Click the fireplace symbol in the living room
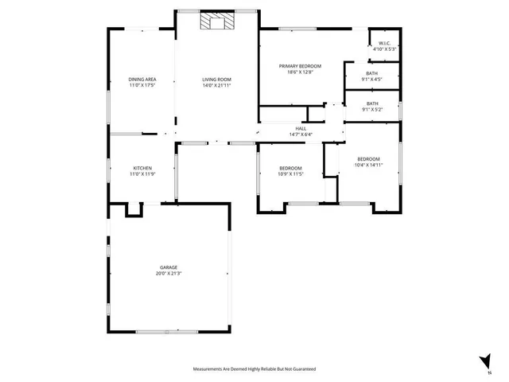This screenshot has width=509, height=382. point(216,21)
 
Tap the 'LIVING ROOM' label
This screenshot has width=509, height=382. point(216,80)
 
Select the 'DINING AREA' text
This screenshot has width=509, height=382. point(142,80)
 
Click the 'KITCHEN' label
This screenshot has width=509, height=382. point(142,168)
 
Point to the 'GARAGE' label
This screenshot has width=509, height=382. point(169,267)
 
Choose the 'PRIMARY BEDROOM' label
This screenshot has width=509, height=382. point(301,66)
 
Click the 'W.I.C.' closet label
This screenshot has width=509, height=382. point(384,43)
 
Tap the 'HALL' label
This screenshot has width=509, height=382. point(301,128)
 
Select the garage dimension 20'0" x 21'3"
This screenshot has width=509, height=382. point(169,274)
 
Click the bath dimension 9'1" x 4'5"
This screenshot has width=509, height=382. point(372,79)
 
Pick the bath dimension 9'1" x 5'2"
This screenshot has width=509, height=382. point(372,109)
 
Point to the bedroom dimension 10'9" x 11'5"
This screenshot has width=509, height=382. point(290,174)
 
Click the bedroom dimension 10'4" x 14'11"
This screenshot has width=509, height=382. point(369,165)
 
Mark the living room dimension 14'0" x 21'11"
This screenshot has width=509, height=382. point(216,85)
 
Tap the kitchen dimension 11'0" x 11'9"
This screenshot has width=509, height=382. point(142,174)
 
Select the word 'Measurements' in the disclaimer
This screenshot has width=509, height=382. point(208,369)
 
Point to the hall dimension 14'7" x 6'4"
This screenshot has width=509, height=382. point(301,134)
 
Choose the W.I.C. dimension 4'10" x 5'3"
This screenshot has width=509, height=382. point(384,49)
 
